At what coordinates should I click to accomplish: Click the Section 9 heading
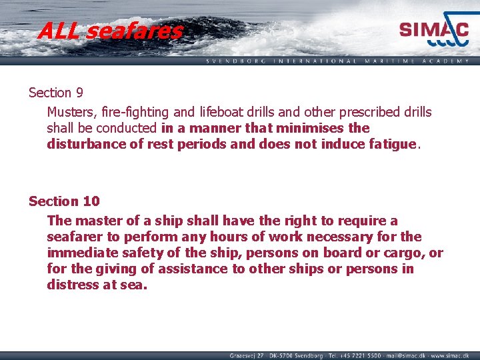(55, 93)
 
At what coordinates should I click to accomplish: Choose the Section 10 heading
(63, 201)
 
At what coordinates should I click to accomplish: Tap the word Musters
(71, 112)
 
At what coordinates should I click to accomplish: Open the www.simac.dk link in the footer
(449, 355)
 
